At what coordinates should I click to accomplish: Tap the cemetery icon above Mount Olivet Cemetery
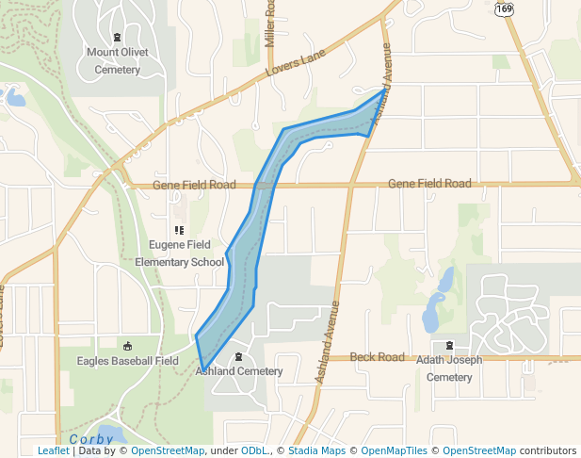tap(117, 37)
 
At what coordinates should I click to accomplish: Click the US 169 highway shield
tap(504, 8)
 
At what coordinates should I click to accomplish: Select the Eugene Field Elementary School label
tap(179, 253)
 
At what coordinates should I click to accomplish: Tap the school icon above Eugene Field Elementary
tap(179, 229)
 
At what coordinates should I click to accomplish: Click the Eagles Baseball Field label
tap(128, 361)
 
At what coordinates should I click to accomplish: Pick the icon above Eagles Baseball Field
tap(128, 345)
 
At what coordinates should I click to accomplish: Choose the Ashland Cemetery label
tap(239, 371)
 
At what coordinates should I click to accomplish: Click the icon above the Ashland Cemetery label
tap(239, 355)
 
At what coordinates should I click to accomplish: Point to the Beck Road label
tap(377, 357)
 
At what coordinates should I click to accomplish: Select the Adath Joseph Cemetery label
tap(449, 368)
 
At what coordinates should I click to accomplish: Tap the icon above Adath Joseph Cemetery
tap(449, 345)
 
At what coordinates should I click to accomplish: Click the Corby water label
tap(90, 439)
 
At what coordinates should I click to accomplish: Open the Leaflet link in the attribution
tap(53, 451)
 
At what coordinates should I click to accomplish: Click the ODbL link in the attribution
tap(254, 451)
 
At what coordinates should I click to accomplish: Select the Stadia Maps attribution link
tap(316, 451)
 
